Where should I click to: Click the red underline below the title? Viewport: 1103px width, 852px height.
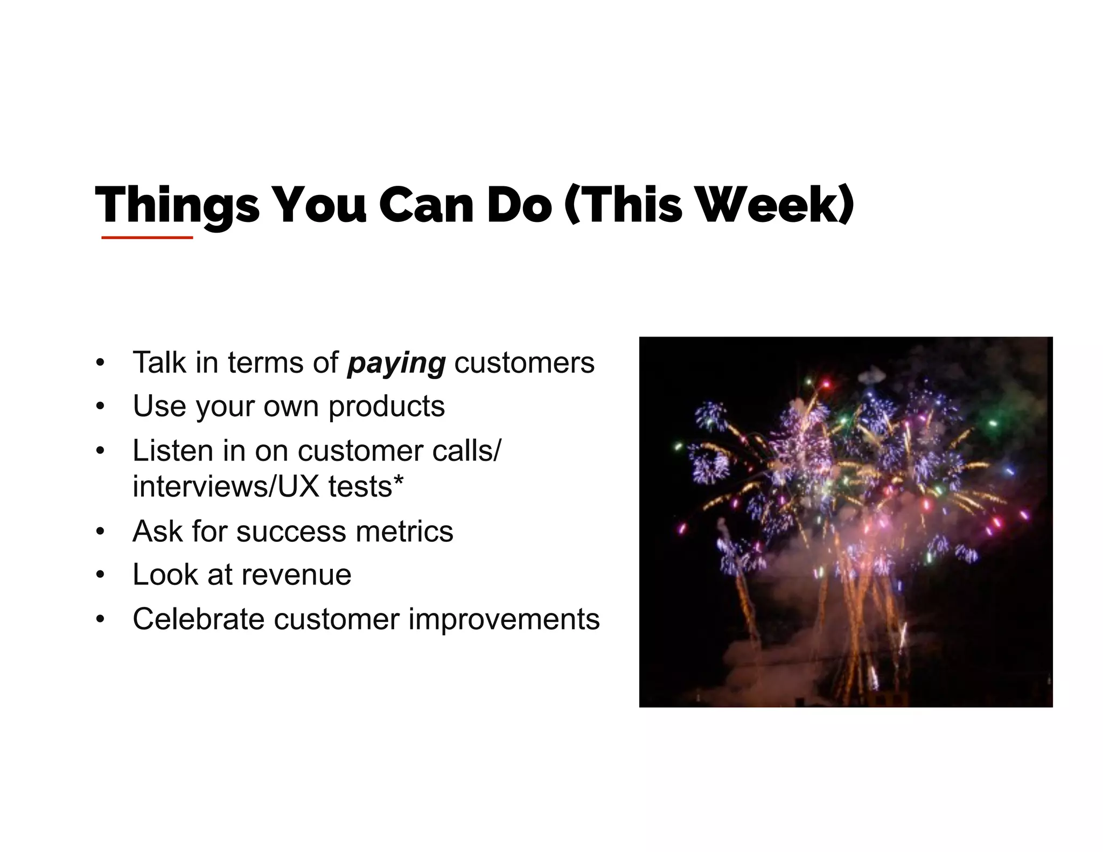click(147, 238)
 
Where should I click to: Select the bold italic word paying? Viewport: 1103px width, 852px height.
click(396, 363)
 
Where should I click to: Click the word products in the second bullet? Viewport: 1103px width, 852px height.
click(386, 407)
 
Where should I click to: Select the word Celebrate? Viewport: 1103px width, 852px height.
click(198, 619)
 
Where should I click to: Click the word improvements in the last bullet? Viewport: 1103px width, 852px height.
click(504, 619)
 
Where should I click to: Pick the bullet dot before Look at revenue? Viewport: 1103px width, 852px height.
click(99, 575)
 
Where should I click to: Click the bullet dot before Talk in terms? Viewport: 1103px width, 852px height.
click(99, 363)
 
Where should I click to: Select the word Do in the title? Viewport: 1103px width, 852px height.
click(519, 206)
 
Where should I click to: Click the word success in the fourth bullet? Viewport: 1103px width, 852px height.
click(291, 532)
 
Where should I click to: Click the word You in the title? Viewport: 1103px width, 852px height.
click(319, 206)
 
